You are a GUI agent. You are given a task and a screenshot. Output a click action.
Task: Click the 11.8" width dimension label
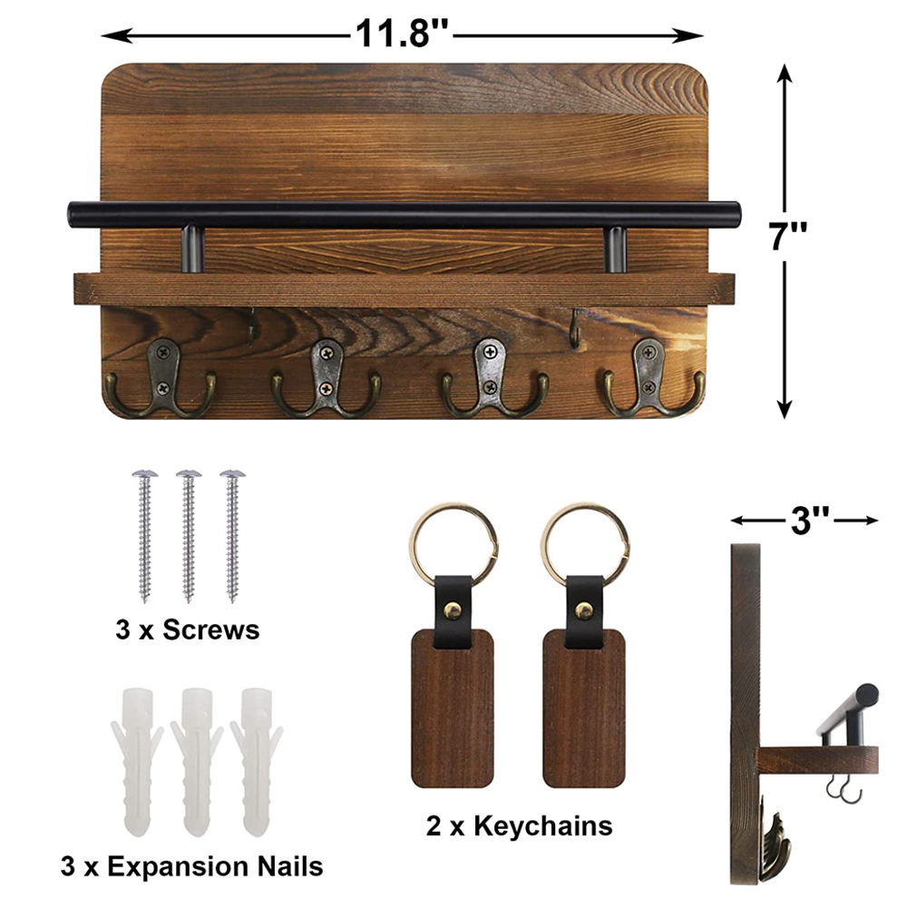pyautogui.click(x=402, y=34)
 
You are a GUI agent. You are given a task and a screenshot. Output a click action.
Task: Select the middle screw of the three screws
pyautogui.click(x=188, y=535)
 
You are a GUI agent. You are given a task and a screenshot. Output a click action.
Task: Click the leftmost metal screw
pyautogui.click(x=143, y=535)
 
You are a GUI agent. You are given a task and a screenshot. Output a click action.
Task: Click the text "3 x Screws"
pyautogui.click(x=188, y=629)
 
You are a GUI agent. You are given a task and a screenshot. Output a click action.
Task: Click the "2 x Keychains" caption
pyautogui.click(x=520, y=825)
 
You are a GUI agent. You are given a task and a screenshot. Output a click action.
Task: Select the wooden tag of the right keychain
pyautogui.click(x=583, y=707)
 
